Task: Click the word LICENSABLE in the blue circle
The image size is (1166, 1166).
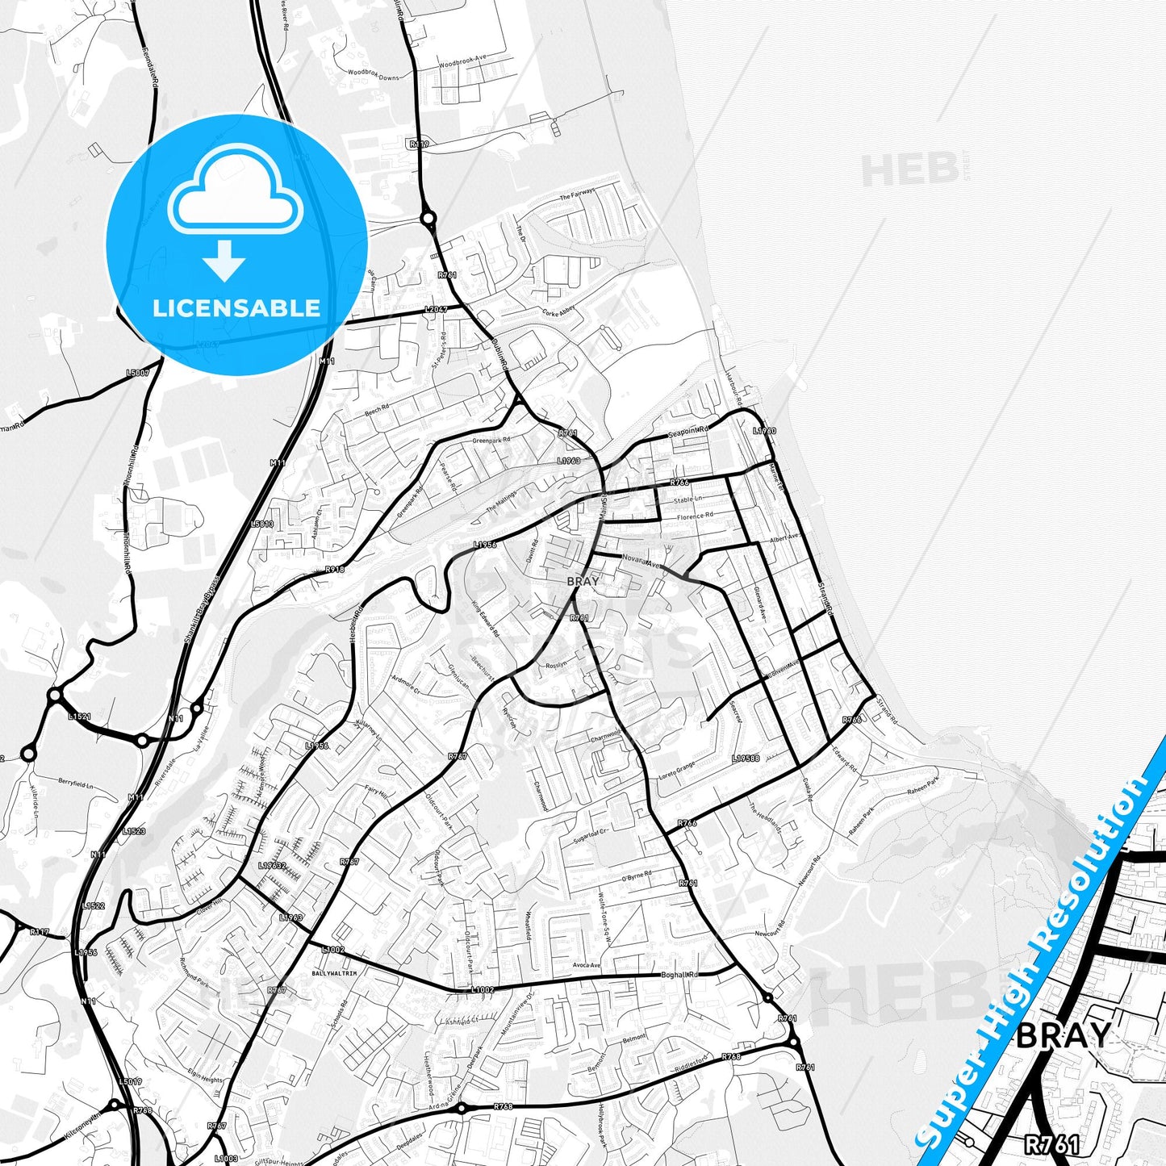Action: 236,308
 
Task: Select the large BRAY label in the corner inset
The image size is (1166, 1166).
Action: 1063,1035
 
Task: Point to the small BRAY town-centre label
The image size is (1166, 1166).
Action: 583,581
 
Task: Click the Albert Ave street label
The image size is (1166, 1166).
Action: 784,538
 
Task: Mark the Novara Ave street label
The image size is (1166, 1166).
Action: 642,562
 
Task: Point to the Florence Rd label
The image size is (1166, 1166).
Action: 695,516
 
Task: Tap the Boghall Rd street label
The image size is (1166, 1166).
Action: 679,974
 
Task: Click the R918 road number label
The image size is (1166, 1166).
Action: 336,570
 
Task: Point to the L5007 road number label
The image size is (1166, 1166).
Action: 138,373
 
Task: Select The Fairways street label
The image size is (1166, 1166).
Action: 577,194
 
